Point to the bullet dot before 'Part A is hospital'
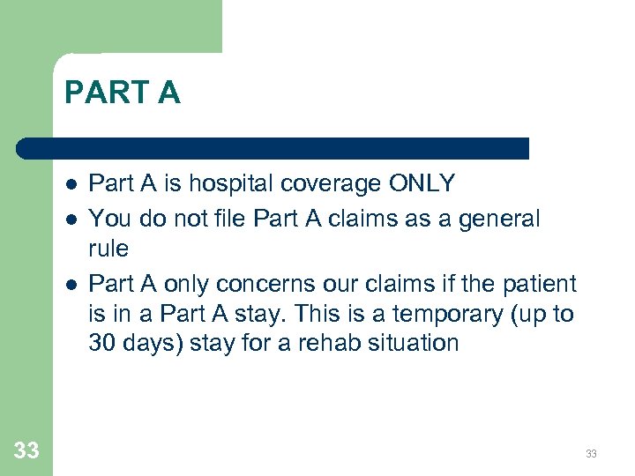tap(70, 185)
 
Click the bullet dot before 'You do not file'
tap(70, 219)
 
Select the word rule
tap(108, 249)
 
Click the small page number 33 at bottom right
tap(591, 454)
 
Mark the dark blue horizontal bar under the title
tap(273, 148)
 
